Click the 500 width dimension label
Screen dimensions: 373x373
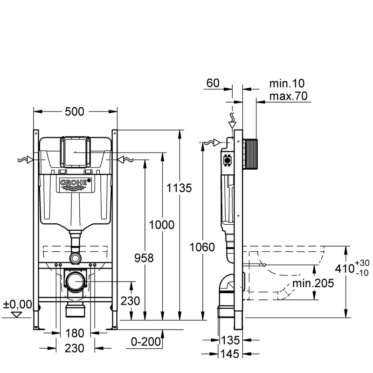[75, 112]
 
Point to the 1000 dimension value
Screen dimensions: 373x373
[162, 225]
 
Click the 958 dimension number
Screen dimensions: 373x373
[145, 258]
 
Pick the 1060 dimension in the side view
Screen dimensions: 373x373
[203, 247]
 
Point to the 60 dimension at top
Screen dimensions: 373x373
[213, 84]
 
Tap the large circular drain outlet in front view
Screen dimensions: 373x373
[75, 281]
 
